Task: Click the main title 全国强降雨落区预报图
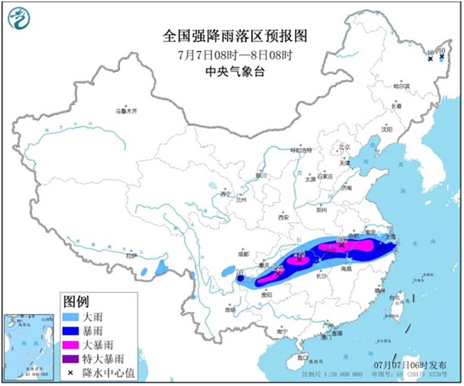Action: [x=235, y=36]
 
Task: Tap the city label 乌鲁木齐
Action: [x=127, y=111]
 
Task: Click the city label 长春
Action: [x=396, y=106]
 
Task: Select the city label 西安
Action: [x=284, y=217]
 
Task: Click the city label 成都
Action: [x=243, y=254]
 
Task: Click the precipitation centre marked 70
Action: [x=240, y=278]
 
